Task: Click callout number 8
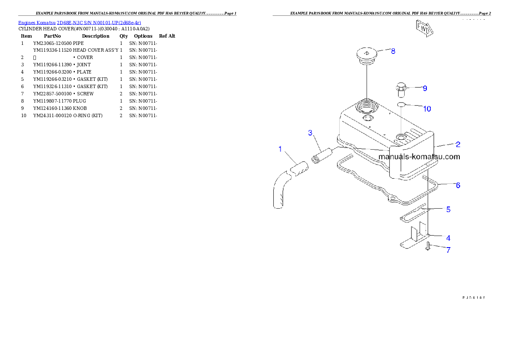[393, 51]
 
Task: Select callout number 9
[425, 89]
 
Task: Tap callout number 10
[427, 109]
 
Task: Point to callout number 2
[458, 144]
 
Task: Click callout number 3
[311, 133]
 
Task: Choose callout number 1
[280, 149]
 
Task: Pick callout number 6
[458, 185]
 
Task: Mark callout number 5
[448, 210]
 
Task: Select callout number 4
[448, 238]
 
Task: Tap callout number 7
[448, 250]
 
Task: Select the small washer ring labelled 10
[401, 104]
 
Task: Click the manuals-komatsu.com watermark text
[419, 156]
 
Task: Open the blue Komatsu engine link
[80, 22]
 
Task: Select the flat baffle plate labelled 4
[416, 238]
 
